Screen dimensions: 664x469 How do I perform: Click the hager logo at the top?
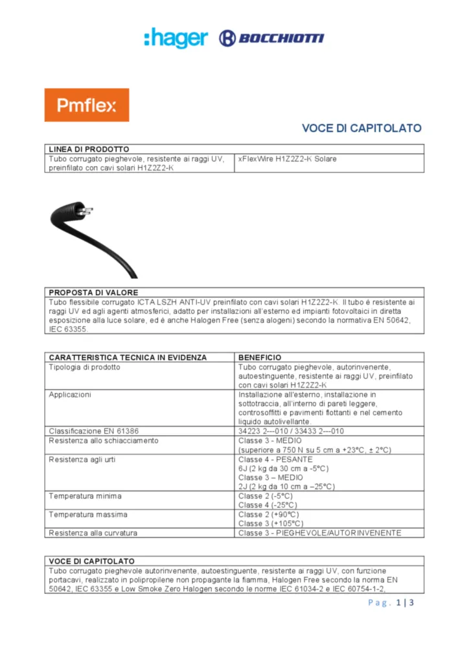(176, 38)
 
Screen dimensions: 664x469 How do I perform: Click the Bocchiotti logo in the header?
(271, 38)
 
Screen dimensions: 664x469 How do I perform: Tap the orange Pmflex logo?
(86, 105)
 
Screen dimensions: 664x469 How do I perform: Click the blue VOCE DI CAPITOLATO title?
(361, 128)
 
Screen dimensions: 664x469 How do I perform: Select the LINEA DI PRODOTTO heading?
(89, 149)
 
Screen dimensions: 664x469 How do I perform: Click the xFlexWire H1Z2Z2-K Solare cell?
(287, 159)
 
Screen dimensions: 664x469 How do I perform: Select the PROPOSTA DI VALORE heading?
(93, 292)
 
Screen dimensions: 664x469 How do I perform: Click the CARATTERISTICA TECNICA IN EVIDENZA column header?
(128, 357)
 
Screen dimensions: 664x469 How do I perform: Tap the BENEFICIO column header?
(260, 357)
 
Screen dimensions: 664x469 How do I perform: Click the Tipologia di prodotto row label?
(84, 367)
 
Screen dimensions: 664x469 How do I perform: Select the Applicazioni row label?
(70, 394)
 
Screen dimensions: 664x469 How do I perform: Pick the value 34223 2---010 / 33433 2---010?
(291, 431)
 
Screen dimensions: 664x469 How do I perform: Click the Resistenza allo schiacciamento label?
(103, 441)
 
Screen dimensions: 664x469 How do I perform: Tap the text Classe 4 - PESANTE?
(275, 459)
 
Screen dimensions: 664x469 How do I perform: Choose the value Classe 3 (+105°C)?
(270, 523)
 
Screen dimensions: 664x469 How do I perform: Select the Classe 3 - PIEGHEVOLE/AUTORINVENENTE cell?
(319, 533)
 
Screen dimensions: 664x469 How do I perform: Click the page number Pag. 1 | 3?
(391, 604)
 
